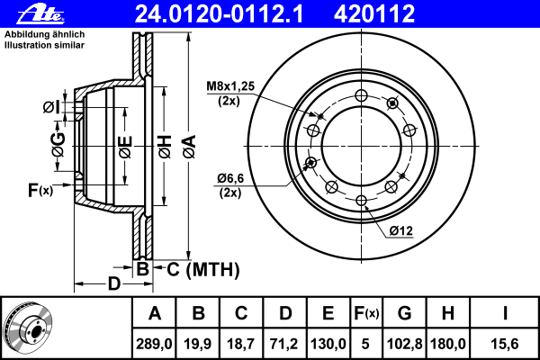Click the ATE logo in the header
pyautogui.click(x=40, y=14)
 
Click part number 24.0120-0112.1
pyautogui.click(x=219, y=13)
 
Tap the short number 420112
pyautogui.click(x=374, y=13)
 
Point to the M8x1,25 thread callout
pyautogui.click(x=230, y=86)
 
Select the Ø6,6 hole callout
pyautogui.click(x=230, y=178)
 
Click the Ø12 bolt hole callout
pyautogui.click(x=401, y=230)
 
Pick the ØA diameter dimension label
pyautogui.click(x=189, y=147)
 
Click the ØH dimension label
pyautogui.click(x=165, y=147)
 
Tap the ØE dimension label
pyautogui.click(x=125, y=147)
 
